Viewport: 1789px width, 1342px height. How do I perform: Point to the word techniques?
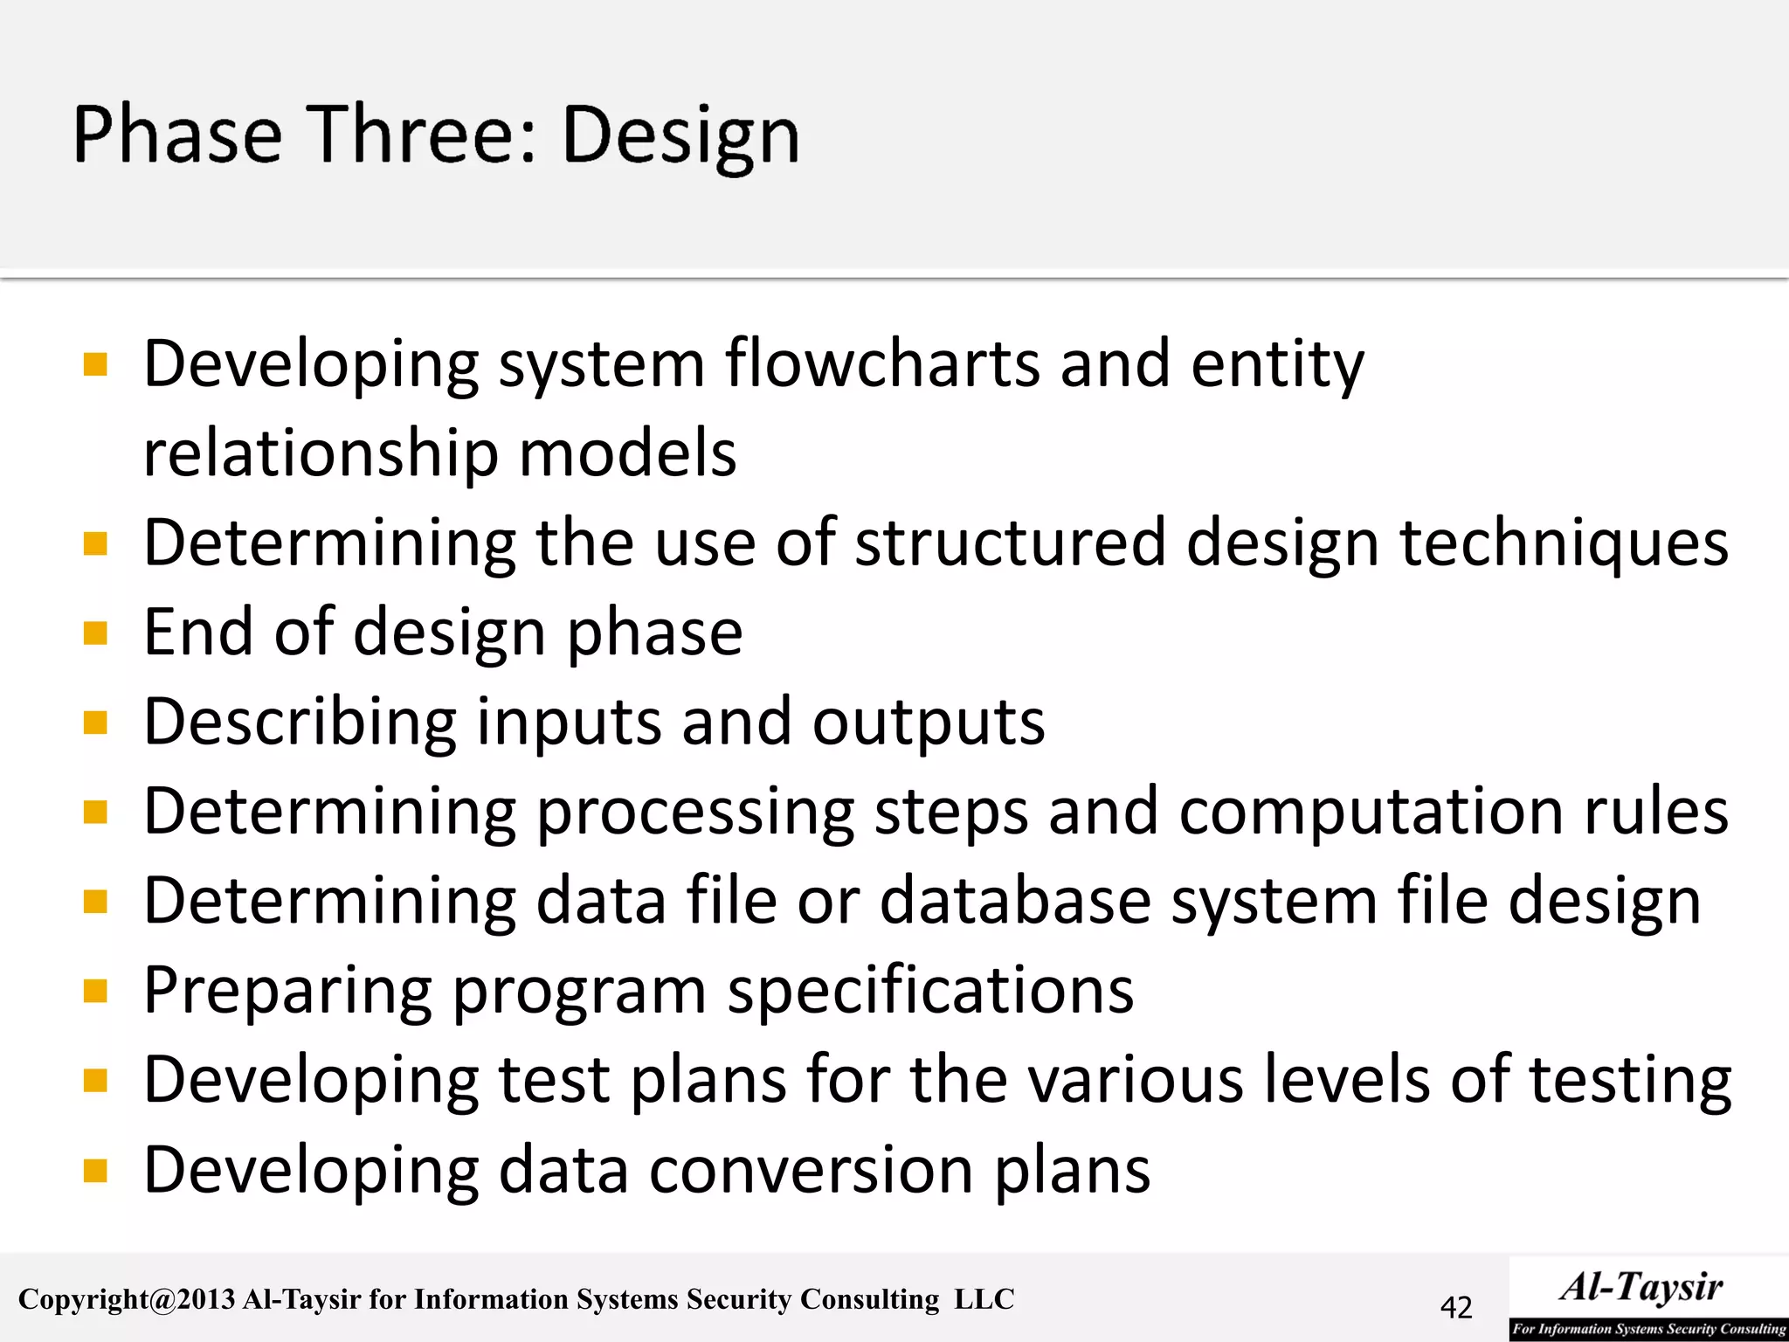coord(1564,543)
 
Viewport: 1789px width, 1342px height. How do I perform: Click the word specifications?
coord(930,992)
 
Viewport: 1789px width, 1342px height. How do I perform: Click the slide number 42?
coord(1456,1307)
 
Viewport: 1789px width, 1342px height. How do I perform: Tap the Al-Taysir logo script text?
coord(1641,1287)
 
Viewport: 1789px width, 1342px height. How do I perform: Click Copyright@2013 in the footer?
coord(127,1300)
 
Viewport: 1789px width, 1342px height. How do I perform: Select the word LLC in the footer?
coord(984,1299)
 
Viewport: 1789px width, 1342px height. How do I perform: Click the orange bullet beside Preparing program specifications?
coord(95,991)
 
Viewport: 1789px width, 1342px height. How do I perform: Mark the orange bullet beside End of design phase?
coord(95,632)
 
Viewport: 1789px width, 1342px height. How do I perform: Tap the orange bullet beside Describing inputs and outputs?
coord(95,723)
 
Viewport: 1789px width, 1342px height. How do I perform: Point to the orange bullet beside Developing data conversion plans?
coord(95,1170)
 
